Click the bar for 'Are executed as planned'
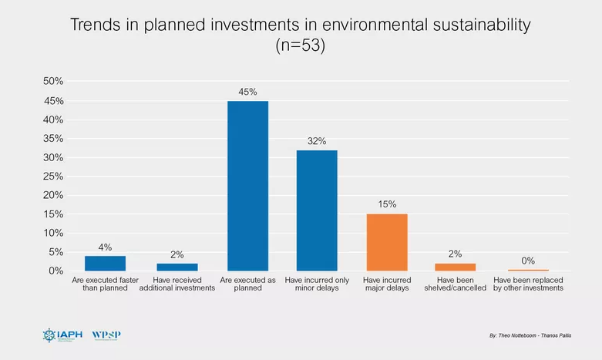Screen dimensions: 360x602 [247, 186]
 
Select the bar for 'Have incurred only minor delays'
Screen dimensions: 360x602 [317, 210]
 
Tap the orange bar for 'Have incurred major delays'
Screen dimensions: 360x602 [386, 242]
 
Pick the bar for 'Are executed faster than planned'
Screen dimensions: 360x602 [105, 263]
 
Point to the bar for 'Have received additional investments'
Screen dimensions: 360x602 [177, 267]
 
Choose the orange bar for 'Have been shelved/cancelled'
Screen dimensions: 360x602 [456, 267]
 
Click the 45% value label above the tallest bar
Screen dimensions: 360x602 [247, 92]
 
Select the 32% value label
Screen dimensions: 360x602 [317, 141]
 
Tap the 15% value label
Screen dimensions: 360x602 [386, 204]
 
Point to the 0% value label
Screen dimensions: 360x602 [528, 261]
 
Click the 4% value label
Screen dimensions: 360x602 [105, 247]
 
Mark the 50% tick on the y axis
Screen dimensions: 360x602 [52, 82]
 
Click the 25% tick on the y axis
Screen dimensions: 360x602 [52, 177]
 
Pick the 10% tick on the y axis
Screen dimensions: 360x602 [52, 233]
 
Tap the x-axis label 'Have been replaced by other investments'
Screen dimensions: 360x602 [528, 284]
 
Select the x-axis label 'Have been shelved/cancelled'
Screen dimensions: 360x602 [456, 284]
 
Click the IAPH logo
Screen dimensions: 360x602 [59, 335]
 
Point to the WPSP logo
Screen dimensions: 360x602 [106, 335]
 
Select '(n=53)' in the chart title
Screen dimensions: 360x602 [301, 45]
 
